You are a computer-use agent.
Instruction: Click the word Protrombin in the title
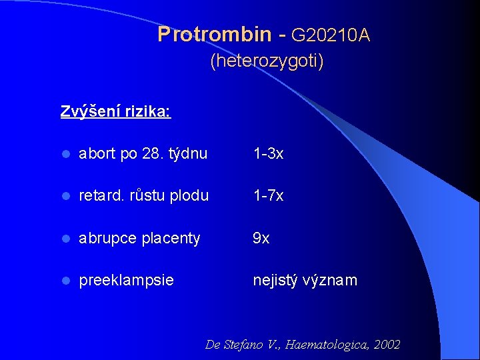[x=215, y=35]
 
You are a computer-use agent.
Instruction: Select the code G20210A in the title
[x=331, y=35]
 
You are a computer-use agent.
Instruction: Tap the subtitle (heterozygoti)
[x=267, y=62]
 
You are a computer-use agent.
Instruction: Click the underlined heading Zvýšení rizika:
[x=116, y=111]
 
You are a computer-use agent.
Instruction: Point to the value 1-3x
[x=268, y=154]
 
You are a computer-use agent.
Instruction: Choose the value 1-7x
[x=268, y=196]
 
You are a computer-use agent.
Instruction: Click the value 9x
[x=261, y=238]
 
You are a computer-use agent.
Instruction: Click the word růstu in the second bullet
[x=148, y=196]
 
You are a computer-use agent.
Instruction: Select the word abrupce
[x=107, y=238]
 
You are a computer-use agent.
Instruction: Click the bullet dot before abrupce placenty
[x=65, y=239]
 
